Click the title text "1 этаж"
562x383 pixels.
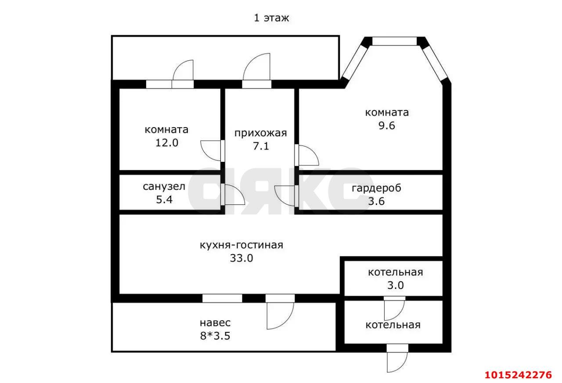tap(271, 18)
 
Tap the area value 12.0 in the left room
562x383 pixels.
tap(166, 143)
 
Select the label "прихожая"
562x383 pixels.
tap(260, 133)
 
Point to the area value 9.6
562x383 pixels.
tap(386, 126)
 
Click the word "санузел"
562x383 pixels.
tap(164, 186)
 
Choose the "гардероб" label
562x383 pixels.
tap(376, 188)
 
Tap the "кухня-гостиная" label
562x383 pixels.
tap(241, 245)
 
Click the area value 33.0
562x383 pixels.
tap(241, 259)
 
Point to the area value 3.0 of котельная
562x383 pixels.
tap(395, 285)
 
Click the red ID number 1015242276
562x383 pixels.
tap(518, 375)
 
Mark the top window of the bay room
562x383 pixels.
tap(394, 41)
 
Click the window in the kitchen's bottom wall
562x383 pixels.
tap(222, 298)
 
